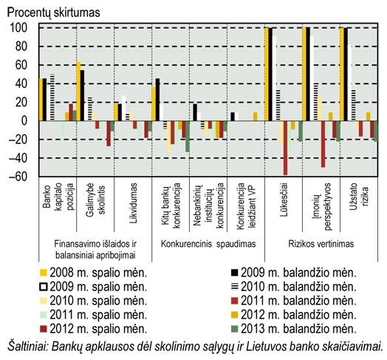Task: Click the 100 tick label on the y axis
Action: click(x=18, y=28)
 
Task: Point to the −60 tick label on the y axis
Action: click(x=17, y=177)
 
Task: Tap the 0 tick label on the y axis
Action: click(x=24, y=120)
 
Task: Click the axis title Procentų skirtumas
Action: click(x=54, y=13)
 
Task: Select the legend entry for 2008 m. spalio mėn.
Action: click(x=94, y=273)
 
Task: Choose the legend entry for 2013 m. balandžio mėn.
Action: click(x=294, y=329)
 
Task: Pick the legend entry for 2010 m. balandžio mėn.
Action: click(x=294, y=287)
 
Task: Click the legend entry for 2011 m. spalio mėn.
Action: click(x=94, y=315)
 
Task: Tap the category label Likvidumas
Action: click(x=133, y=203)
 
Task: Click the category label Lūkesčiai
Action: click(x=284, y=200)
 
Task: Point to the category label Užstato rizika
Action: click(x=359, y=197)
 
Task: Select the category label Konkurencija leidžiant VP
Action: click(x=246, y=206)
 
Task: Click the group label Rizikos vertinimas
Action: click(x=321, y=244)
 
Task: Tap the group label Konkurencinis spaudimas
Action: click(x=208, y=244)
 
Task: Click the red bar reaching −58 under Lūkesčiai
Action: click(x=286, y=148)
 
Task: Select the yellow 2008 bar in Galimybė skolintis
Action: click(x=78, y=91)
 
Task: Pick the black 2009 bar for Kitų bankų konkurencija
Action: click(x=157, y=100)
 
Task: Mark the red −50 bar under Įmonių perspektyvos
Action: click(x=323, y=144)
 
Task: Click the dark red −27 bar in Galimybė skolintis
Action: click(x=109, y=133)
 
